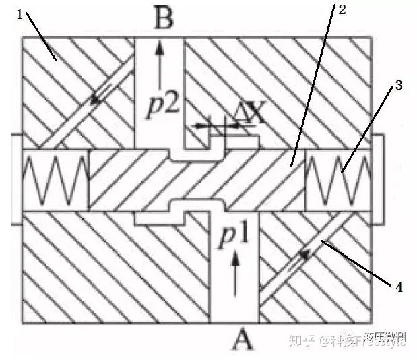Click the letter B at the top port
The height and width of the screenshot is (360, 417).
tap(164, 18)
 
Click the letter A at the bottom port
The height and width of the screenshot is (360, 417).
tap(243, 341)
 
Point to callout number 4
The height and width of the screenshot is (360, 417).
tap(399, 288)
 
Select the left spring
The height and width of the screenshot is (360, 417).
tap(55, 180)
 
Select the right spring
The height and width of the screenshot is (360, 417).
tap(338, 180)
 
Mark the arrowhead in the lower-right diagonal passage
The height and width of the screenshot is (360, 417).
tap(304, 256)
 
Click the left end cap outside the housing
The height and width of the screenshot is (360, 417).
tap(16, 179)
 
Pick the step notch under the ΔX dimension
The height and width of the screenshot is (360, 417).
tap(217, 144)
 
